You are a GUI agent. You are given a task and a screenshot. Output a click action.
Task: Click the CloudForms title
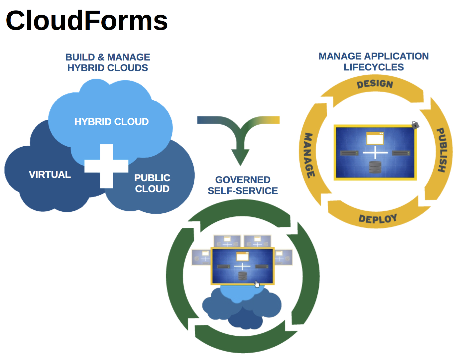[x=87, y=21]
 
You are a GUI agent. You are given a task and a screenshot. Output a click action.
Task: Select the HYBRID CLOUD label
[x=111, y=122]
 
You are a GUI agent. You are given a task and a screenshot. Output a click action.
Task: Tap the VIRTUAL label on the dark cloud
[x=50, y=175]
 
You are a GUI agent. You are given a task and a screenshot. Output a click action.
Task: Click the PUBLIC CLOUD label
[x=152, y=183]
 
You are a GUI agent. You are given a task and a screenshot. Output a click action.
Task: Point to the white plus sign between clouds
[x=106, y=166]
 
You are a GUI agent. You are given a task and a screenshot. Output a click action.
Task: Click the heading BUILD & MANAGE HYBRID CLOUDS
[x=108, y=62]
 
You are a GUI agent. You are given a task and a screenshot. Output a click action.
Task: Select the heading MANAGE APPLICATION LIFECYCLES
[x=374, y=61]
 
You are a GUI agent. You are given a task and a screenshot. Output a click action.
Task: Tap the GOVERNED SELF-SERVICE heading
[x=243, y=185]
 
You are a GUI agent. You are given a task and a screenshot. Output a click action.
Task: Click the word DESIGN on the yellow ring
[x=375, y=84]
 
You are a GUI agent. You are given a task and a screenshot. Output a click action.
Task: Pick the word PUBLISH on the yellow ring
[x=441, y=150]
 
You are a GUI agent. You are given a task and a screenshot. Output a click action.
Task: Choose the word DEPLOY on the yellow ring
[x=378, y=219]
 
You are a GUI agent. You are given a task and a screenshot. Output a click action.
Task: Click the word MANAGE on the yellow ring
[x=309, y=155]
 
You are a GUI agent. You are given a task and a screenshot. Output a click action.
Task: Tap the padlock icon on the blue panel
[x=415, y=125]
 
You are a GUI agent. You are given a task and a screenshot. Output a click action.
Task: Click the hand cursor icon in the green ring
[x=257, y=284]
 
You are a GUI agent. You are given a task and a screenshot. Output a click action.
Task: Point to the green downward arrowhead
[x=240, y=157]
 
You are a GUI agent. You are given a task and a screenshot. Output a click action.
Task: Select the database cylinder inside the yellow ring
[x=375, y=167]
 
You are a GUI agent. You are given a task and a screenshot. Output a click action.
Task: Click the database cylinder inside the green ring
[x=242, y=276]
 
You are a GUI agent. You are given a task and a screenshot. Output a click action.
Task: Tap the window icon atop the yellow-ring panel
[x=375, y=138]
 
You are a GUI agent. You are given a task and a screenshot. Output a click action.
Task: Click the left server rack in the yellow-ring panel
[x=349, y=153]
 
